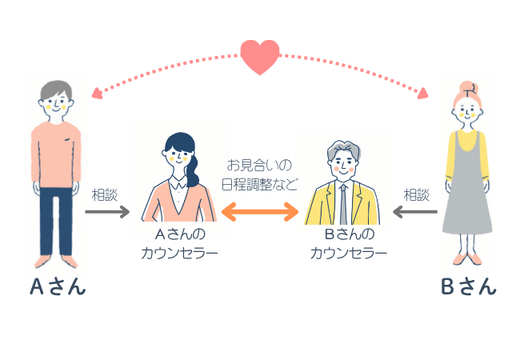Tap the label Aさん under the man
click(x=58, y=287)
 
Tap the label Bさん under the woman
click(x=468, y=287)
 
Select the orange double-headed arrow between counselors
click(x=260, y=213)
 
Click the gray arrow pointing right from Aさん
click(x=107, y=212)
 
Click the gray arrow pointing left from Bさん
click(x=414, y=212)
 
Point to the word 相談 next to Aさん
click(x=106, y=194)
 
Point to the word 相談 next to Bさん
click(x=416, y=194)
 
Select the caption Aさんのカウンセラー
click(x=180, y=244)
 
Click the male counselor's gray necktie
click(x=343, y=204)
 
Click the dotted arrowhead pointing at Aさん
click(x=97, y=92)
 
